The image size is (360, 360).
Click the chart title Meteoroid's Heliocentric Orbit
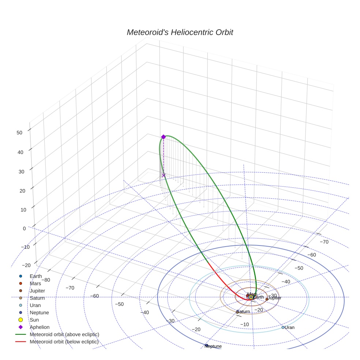tap(180, 32)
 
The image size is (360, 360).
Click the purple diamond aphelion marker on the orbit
tap(164, 137)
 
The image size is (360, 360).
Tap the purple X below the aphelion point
tap(164, 175)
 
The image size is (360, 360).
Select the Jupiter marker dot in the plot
tap(267, 299)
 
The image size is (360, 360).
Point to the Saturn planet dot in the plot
tap(237, 312)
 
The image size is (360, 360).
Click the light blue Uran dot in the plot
tap(283, 327)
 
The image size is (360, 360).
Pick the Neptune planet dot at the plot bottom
tap(207, 345)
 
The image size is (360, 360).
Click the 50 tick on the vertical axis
tap(20, 133)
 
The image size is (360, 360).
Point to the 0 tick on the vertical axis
tap(24, 228)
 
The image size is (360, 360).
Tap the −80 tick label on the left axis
tap(46, 280)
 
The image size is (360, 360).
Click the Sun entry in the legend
tap(34, 320)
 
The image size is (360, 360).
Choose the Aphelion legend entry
tap(40, 327)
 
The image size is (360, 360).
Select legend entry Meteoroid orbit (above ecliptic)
tap(64, 334)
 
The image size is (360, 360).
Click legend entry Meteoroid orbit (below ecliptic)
tap(64, 342)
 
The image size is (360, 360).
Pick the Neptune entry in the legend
tap(39, 312)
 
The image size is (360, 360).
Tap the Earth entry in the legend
tap(36, 276)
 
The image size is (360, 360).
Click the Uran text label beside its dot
tap(289, 327)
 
